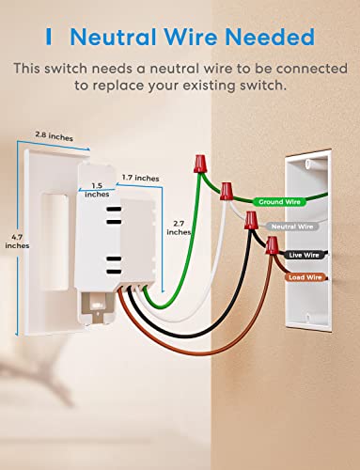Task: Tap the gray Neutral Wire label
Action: coord(292,227)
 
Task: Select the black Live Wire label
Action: coord(299,254)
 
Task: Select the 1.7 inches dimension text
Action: coord(140,178)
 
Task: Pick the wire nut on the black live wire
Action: coord(251,223)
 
